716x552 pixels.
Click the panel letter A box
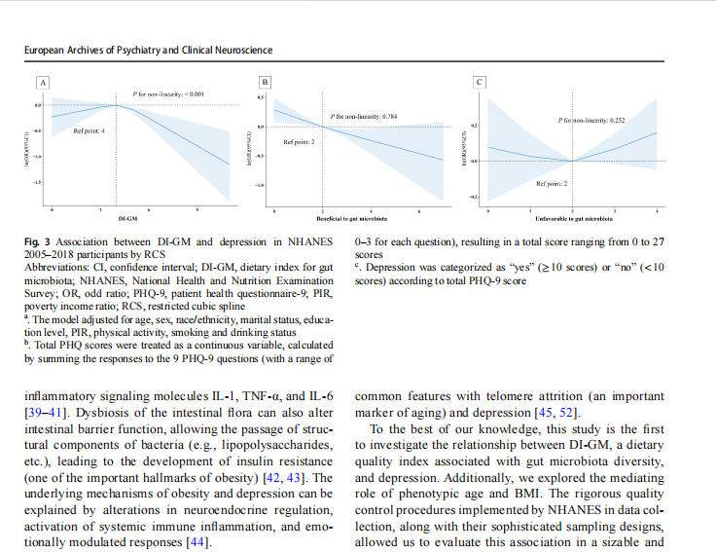point(42,81)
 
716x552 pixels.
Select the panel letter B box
point(265,81)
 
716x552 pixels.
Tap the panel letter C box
point(479,81)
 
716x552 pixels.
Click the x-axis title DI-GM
point(126,219)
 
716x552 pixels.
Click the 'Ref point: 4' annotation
point(89,130)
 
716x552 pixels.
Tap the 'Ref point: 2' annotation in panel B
point(298,142)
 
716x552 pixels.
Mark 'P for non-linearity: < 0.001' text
point(171,93)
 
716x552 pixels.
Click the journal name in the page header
point(148,50)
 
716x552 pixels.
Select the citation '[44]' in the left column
point(197,541)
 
